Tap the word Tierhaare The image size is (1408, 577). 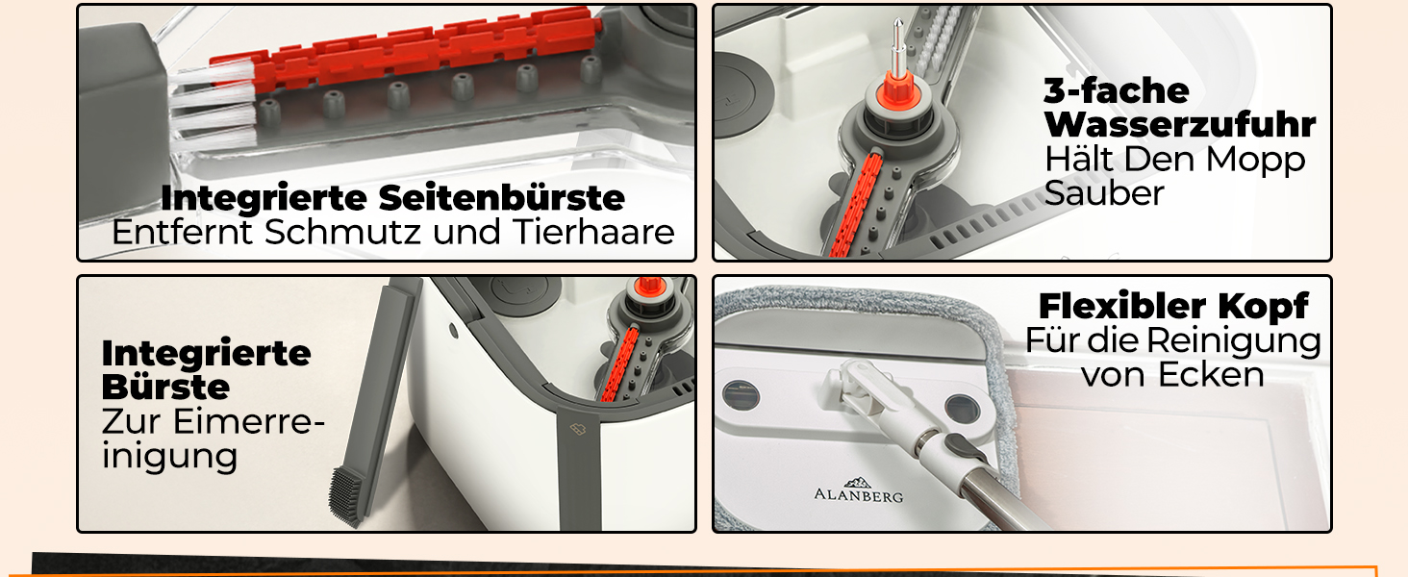(x=594, y=232)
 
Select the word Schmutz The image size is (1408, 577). (x=342, y=232)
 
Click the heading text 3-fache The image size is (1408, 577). (x=1117, y=91)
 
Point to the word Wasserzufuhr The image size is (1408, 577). (x=1180, y=124)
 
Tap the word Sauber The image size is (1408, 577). (x=1104, y=193)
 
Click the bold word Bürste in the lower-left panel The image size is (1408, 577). (x=165, y=387)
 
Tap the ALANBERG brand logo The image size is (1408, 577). (x=859, y=490)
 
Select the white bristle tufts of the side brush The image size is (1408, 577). (x=214, y=108)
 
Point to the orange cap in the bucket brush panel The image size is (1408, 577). (x=647, y=288)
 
